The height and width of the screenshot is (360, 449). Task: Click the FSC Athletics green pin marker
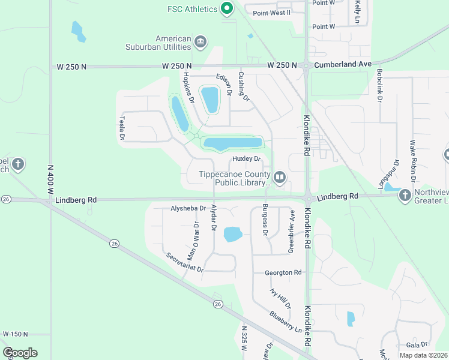tap(226, 8)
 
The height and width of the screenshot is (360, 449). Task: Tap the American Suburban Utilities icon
tap(200, 41)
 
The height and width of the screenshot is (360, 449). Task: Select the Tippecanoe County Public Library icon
tap(279, 176)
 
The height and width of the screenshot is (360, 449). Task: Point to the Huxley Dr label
tap(246, 159)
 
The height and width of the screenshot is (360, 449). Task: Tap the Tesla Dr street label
tap(122, 128)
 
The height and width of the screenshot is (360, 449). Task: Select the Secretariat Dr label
tap(185, 262)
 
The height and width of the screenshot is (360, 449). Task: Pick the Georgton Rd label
tap(283, 272)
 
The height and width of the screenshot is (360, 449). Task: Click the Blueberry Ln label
tap(285, 320)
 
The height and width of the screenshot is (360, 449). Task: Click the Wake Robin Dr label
tap(412, 160)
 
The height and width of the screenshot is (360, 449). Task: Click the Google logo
tap(20, 352)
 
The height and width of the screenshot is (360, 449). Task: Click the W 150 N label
tap(16, 334)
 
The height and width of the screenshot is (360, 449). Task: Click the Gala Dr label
tap(416, 345)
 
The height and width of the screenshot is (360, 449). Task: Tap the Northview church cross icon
tap(405, 195)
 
